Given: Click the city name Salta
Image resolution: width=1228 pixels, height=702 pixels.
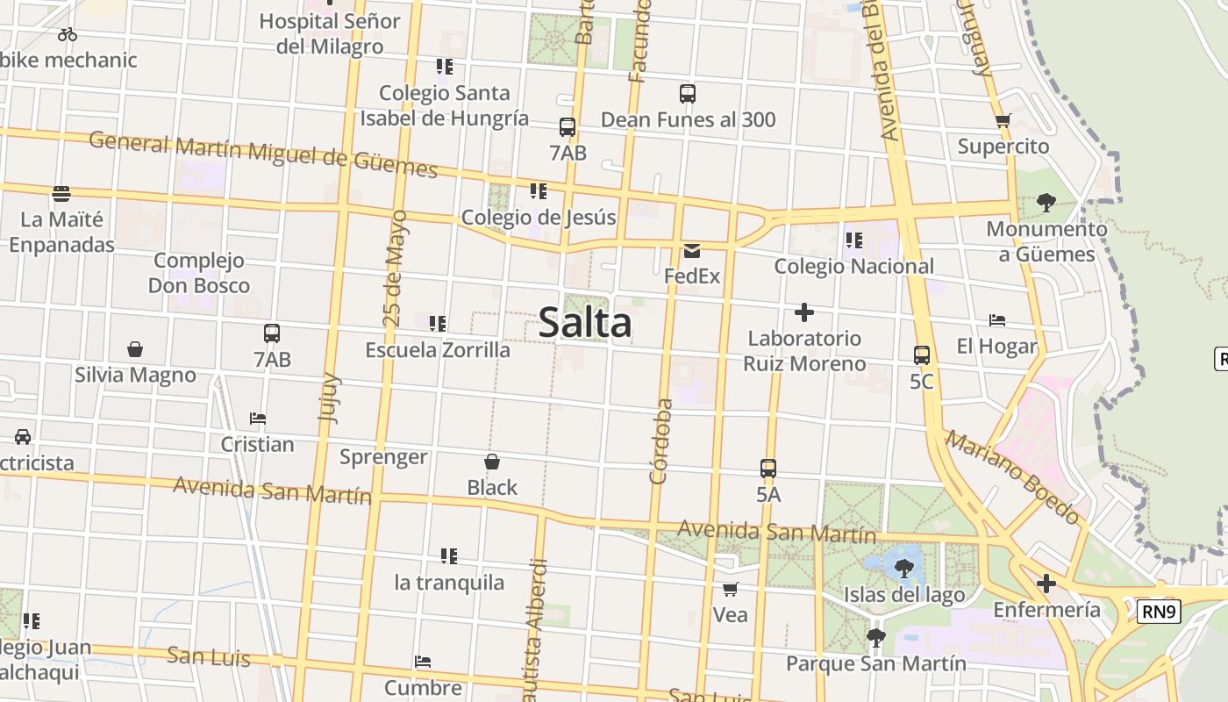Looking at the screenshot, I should [585, 322].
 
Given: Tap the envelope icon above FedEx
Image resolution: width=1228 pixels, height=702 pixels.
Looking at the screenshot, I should [691, 251].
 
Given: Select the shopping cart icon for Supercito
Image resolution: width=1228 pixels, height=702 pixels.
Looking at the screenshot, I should [1003, 121].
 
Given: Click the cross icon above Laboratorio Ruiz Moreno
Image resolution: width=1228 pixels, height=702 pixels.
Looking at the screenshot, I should [803, 312].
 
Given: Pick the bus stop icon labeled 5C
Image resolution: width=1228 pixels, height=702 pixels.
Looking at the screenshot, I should [921, 355].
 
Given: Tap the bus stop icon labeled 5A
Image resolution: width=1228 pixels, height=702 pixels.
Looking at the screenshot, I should [768, 469].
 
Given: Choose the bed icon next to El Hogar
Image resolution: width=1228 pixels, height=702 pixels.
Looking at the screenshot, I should [996, 320].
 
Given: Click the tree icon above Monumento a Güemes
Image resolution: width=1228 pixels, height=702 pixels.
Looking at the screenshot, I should [1046, 203].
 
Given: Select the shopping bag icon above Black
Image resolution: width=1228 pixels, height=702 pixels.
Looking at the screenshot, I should [492, 462].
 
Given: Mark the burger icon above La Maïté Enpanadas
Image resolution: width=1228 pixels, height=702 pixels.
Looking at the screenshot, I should [61, 193].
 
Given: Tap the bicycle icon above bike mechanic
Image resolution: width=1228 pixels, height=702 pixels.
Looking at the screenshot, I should [68, 34].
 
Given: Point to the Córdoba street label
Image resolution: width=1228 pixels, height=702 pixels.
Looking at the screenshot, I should [661, 441].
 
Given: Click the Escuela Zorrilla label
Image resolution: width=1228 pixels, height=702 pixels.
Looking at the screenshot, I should [438, 350].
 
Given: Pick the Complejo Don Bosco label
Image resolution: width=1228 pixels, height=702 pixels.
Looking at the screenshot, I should [199, 273].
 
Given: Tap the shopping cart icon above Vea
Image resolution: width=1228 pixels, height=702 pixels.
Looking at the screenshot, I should [730, 589].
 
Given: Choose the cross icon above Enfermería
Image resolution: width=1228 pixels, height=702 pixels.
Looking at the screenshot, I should [1046, 584].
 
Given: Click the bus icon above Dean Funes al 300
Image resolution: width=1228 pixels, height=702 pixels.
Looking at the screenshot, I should [688, 93].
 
